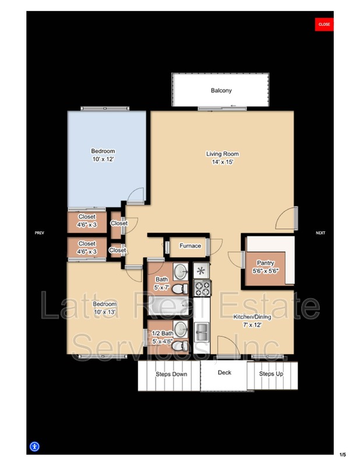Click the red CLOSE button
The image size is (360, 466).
pos(324,24)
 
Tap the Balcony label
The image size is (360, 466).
pos(221,90)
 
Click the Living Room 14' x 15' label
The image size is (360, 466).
pos(223,158)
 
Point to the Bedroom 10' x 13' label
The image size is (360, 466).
pos(105,308)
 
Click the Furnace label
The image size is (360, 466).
pos(190,246)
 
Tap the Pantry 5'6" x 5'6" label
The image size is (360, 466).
pos(266,267)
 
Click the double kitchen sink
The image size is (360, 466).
pos(202,332)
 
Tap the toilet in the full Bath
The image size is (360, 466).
pos(181,288)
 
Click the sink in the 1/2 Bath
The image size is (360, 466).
pos(181,330)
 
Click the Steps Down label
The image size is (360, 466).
pos(171,374)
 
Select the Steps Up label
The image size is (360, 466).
pos(271,373)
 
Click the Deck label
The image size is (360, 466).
pos(225,373)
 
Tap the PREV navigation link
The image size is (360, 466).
pos(40,233)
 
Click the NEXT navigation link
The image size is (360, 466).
pos(320,233)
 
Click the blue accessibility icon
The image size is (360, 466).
pos(34,447)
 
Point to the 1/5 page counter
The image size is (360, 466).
pos(342,454)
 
